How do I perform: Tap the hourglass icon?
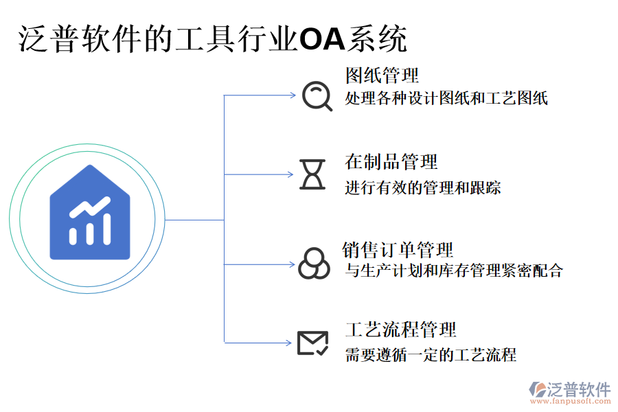point(313,174)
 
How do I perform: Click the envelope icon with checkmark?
point(312,343)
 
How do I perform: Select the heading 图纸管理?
point(382,75)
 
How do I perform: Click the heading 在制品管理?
point(391,162)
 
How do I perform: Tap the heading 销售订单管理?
point(398,250)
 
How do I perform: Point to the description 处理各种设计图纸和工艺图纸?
point(446,98)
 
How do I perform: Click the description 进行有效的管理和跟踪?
point(423,187)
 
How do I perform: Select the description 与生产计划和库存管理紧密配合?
point(453,271)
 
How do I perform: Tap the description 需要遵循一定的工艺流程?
point(431,355)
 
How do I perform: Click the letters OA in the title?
point(322,39)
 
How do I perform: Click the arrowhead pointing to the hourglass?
point(290,174)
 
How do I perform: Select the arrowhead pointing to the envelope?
point(290,343)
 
